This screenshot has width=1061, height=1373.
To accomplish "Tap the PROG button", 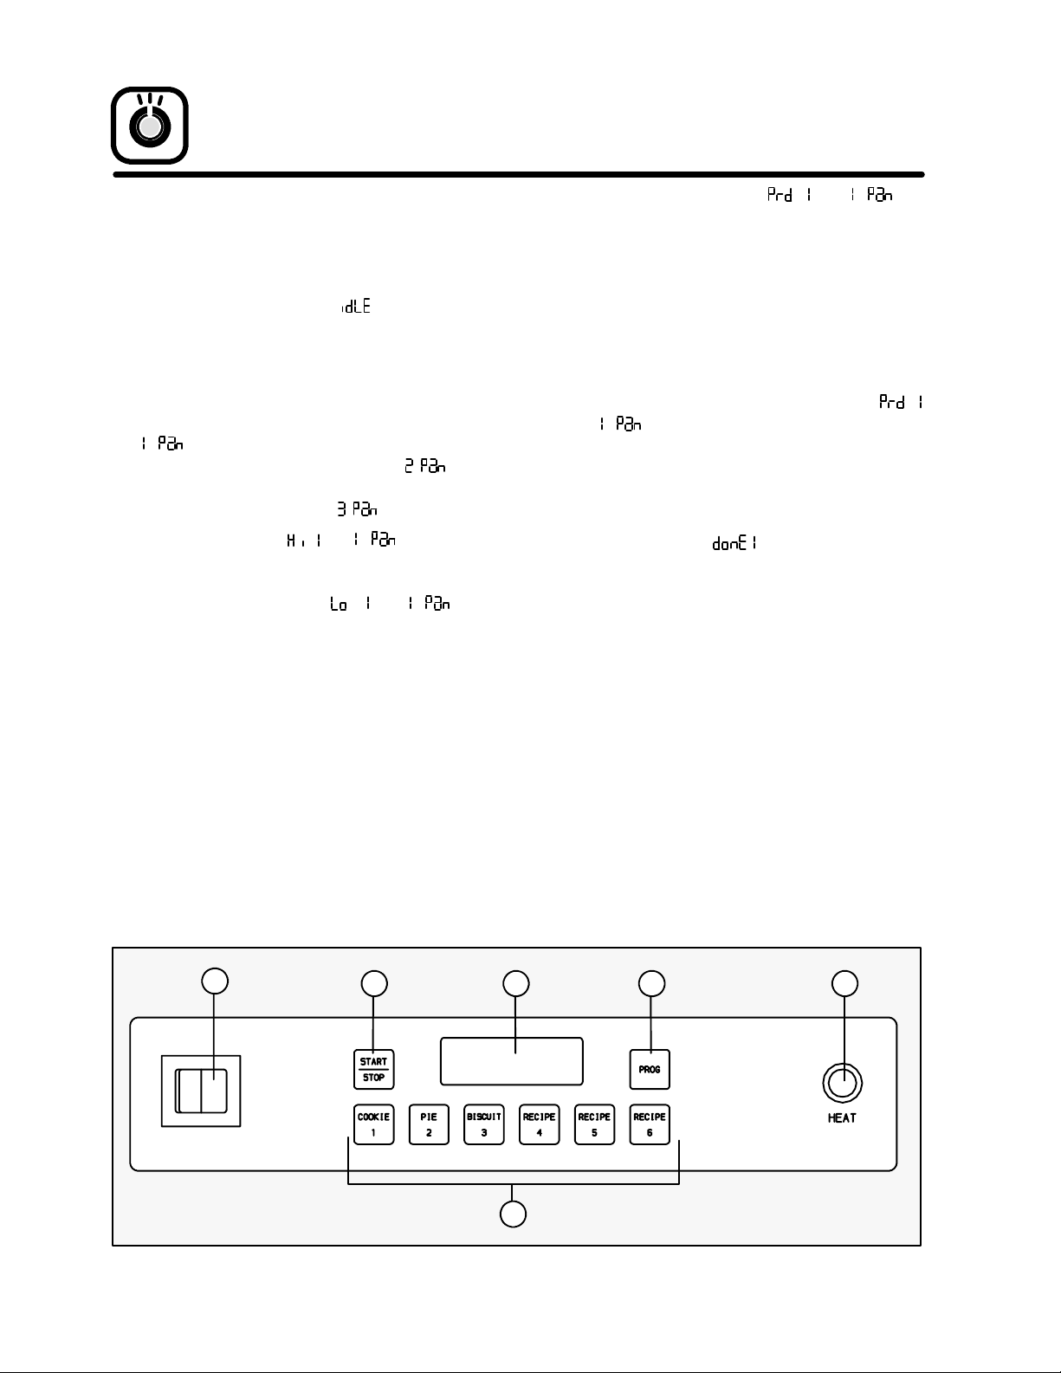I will (650, 1070).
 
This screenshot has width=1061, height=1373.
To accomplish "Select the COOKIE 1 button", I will (374, 1124).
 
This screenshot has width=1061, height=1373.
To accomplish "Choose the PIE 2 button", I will (429, 1124).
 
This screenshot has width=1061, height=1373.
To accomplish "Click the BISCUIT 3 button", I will (484, 1124).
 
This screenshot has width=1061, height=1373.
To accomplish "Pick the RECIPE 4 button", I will (539, 1124).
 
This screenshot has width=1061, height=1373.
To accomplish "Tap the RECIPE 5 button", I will (594, 1124).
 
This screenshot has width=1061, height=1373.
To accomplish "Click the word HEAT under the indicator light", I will (842, 1118).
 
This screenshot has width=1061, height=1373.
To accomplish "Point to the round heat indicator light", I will (842, 1084).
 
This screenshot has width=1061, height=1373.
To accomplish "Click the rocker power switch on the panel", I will (201, 1091).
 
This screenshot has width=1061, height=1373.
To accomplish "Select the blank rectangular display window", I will (511, 1061).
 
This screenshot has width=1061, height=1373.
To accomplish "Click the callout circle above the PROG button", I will (651, 983).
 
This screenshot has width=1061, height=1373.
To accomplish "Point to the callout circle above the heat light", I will (844, 983).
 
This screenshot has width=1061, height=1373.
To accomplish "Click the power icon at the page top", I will (150, 126).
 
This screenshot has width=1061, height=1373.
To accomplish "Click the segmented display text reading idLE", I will (356, 308).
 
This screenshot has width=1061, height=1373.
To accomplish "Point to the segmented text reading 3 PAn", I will (357, 509).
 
